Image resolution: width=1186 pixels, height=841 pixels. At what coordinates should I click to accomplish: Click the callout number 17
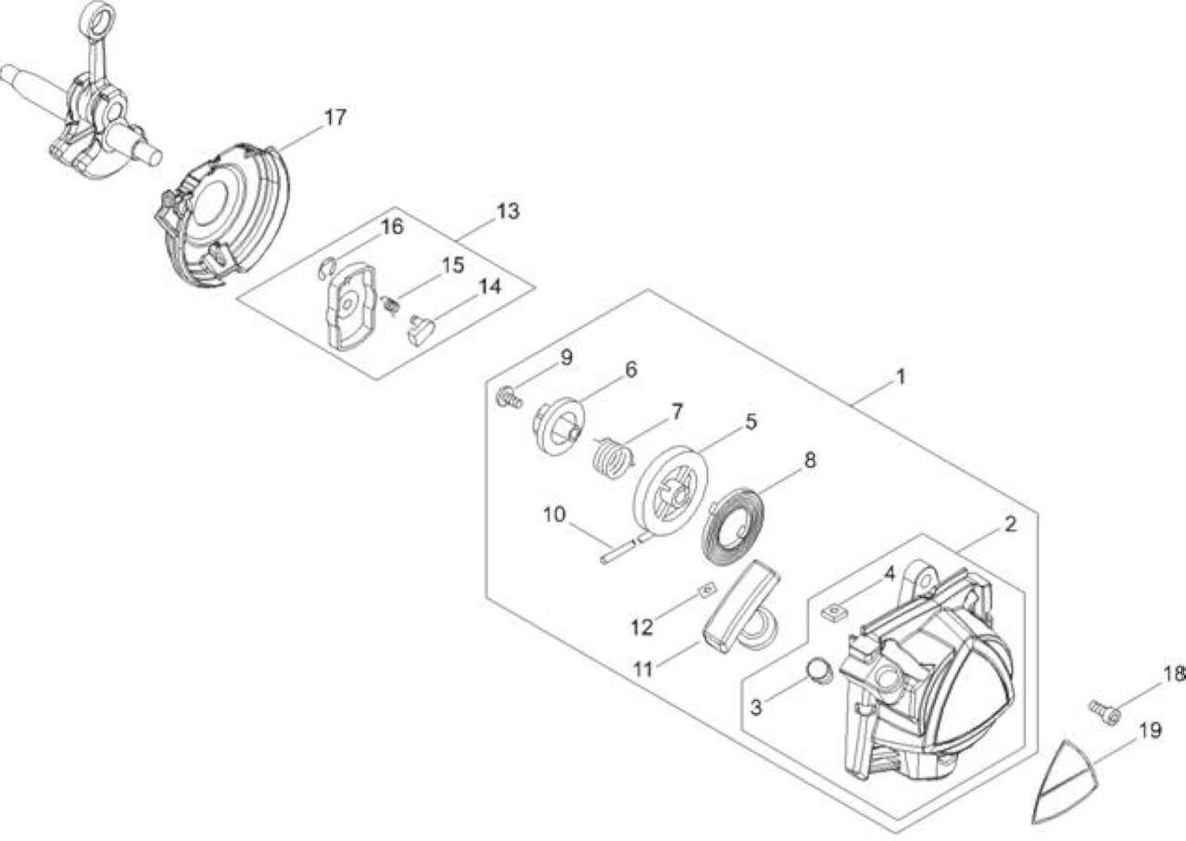point(335,118)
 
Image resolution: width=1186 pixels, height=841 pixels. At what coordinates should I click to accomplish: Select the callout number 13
point(508,211)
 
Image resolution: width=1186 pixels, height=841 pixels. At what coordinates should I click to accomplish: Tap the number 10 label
point(554,515)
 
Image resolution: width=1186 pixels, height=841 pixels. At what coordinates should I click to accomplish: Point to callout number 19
point(1150,731)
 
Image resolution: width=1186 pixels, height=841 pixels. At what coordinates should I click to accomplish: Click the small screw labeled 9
point(509,398)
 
